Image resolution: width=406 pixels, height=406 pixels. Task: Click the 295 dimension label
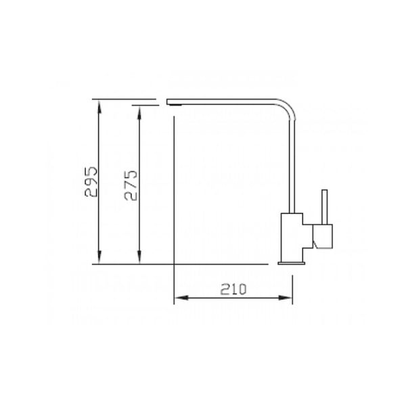[x=91, y=181]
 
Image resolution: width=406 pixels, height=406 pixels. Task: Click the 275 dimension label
[x=131, y=185]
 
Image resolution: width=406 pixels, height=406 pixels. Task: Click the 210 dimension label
[x=233, y=289]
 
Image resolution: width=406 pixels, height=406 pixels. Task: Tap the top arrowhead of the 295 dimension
[x=99, y=107]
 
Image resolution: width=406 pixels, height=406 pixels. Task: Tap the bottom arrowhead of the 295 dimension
[x=99, y=257]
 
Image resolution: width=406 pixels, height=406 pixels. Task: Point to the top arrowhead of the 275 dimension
[x=139, y=113]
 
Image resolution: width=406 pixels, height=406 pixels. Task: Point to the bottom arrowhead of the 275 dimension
[x=139, y=257]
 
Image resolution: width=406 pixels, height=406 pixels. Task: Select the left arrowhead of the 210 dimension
[x=181, y=298]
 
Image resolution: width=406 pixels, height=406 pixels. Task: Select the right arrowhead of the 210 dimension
[x=286, y=298]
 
